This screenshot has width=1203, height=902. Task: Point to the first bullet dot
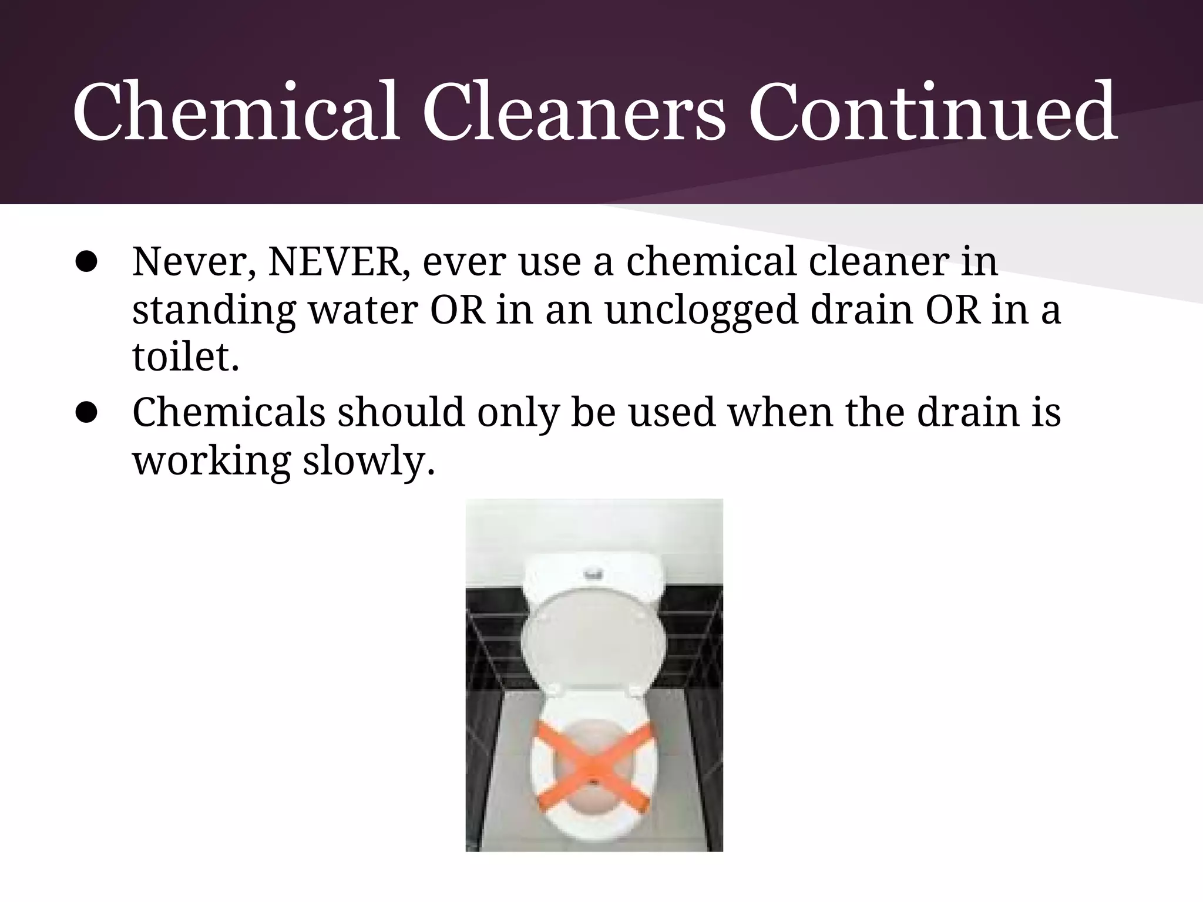(86, 263)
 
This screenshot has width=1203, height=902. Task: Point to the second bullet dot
(86, 413)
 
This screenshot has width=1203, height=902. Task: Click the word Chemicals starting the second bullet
(228, 412)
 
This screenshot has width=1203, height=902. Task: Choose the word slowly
(368, 460)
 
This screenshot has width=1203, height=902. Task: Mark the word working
(211, 460)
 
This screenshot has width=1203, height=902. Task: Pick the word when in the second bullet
(780, 412)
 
